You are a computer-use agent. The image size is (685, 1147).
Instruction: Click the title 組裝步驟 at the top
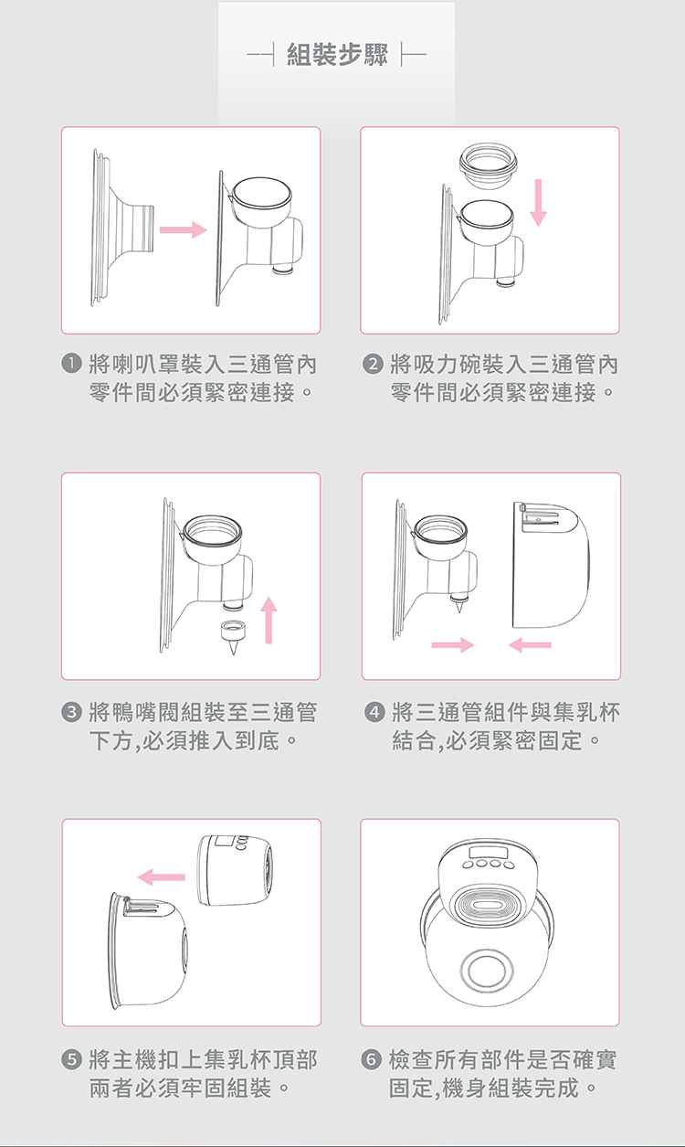point(337,54)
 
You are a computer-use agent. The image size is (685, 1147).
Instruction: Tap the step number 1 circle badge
point(71,363)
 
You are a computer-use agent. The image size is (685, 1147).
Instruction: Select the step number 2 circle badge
point(373,364)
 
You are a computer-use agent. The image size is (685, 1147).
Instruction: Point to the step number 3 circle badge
point(71,712)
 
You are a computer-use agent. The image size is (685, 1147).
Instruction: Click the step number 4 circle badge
point(374,712)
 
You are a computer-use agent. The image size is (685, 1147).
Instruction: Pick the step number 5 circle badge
point(71,1059)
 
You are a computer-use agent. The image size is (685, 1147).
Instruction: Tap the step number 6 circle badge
point(372,1059)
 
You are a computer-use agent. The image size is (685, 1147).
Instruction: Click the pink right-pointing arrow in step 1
point(184,229)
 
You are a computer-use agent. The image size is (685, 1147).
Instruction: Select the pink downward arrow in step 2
point(538,202)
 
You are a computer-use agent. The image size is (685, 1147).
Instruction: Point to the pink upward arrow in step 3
point(269,620)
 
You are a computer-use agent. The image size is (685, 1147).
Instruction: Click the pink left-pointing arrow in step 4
point(530,644)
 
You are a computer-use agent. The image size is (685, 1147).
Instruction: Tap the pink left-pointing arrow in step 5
point(161,877)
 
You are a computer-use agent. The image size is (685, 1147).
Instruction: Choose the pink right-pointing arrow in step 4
point(453,644)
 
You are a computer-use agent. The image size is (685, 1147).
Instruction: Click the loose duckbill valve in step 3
point(232,636)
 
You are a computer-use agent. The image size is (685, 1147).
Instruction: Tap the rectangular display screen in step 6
point(488,854)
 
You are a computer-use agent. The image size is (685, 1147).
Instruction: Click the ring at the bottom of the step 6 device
point(487,971)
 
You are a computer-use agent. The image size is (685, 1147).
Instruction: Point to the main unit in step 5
point(235,870)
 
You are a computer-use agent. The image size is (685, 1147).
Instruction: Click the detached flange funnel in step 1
point(122,228)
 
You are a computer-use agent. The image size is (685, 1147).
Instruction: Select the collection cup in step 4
point(551,566)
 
